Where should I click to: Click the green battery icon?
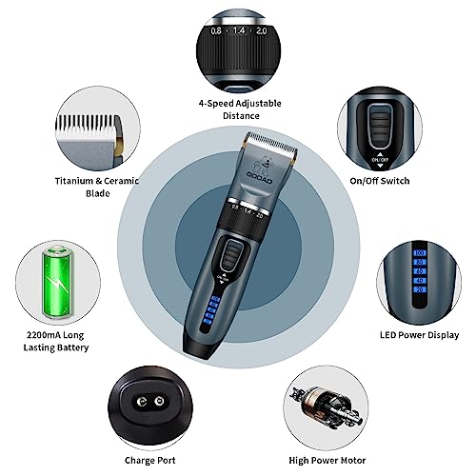(x=58, y=283)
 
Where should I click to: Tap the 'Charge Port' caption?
(x=150, y=460)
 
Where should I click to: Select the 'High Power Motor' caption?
(x=327, y=460)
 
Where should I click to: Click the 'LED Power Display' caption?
(x=420, y=335)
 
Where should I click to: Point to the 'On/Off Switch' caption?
(x=380, y=181)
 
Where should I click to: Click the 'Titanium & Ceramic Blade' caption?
(x=97, y=187)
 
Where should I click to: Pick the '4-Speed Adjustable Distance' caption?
(x=240, y=109)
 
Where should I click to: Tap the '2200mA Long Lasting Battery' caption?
(x=56, y=341)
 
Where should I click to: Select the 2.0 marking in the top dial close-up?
(x=262, y=30)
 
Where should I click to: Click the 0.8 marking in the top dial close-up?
(x=216, y=30)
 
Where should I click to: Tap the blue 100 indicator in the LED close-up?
(x=420, y=253)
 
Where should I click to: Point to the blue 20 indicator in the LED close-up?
(x=420, y=289)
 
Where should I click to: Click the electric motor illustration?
(x=326, y=407)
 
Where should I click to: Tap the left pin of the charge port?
(x=142, y=402)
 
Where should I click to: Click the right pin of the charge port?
(x=159, y=402)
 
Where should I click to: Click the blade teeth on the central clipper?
(x=272, y=143)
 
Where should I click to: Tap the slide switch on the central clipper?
(x=231, y=254)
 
